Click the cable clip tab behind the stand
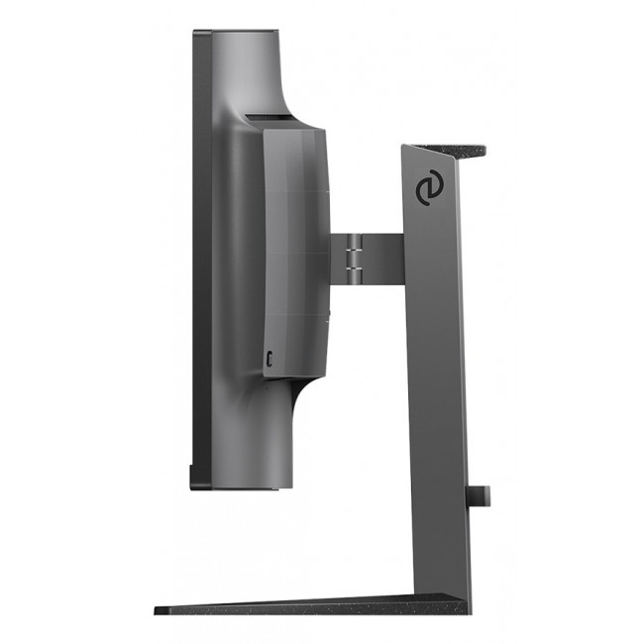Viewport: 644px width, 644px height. (479, 493)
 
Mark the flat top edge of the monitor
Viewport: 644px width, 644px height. (238, 30)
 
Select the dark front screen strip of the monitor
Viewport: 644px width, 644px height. (201, 258)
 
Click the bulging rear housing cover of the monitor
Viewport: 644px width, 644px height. (292, 253)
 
